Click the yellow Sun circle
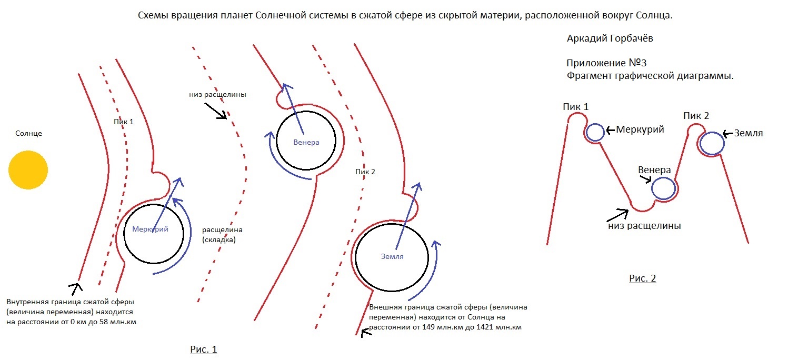pos(28,170)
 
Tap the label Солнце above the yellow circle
pos(28,133)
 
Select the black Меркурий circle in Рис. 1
pos(124,233)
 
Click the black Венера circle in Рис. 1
pos(276,141)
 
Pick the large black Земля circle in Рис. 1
pos(355,257)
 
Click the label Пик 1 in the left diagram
pos(124,122)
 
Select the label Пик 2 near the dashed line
pos(365,172)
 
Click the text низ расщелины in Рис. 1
pos(217,95)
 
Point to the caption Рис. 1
pos(204,349)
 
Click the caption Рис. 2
pos(642,278)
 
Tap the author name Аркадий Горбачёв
pos(610,38)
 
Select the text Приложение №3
pos(606,63)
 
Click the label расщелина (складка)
pos(222,235)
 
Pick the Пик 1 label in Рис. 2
pos(575,107)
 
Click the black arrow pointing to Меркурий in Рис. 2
pos(611,131)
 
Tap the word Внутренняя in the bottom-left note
pos(27,302)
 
